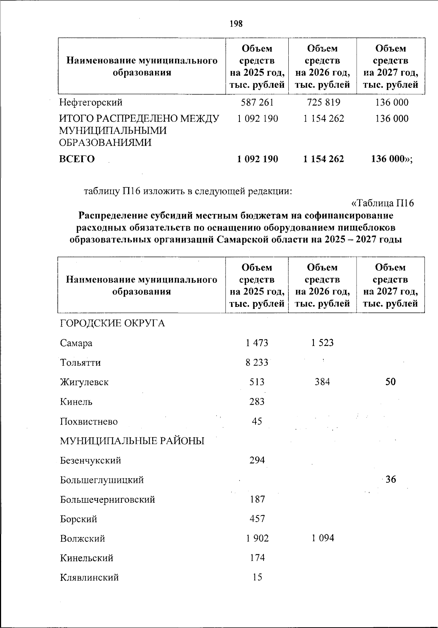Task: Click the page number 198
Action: click(236, 24)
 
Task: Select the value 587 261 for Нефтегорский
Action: click(257, 103)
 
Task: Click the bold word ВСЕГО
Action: click(77, 159)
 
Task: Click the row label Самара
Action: click(76, 343)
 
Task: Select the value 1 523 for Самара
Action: click(322, 343)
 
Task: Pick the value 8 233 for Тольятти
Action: click(257, 363)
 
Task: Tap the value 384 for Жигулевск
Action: click(322, 382)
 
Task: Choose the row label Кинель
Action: click(76, 402)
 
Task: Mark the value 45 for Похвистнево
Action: click(257, 422)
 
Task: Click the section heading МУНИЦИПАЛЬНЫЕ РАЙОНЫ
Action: click(132, 441)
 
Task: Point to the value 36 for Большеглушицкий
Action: click(391, 480)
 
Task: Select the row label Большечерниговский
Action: click(108, 500)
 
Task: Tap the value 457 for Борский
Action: click(257, 519)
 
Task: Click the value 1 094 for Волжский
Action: click(323, 538)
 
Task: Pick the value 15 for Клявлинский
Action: click(257, 578)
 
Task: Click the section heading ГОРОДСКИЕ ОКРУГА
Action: click(112, 324)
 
